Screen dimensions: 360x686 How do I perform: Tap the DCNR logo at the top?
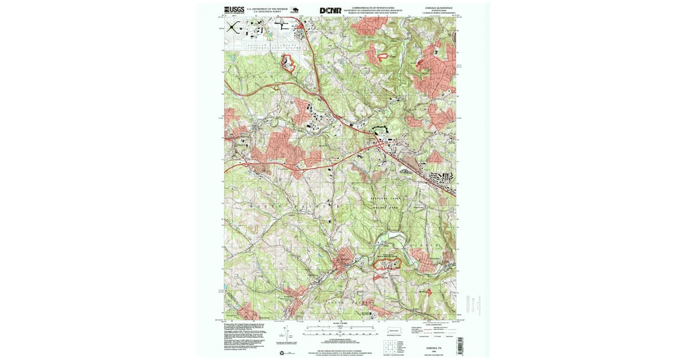tap(330, 10)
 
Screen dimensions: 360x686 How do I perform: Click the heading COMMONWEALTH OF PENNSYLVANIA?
tap(376, 7)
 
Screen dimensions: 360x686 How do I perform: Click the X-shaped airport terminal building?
tap(232, 26)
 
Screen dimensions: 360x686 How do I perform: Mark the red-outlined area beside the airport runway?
tap(289, 63)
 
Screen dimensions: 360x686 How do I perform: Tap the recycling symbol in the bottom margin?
tap(282, 353)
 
